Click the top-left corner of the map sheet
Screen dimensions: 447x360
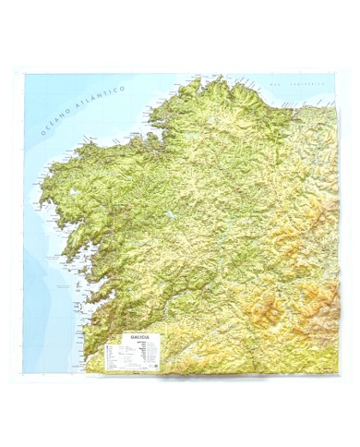24,74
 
